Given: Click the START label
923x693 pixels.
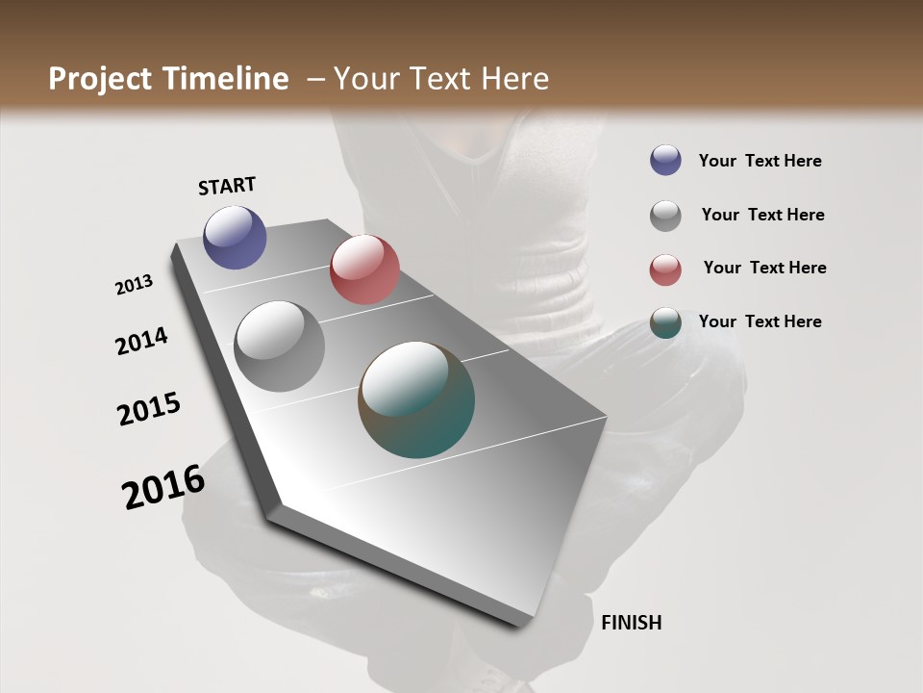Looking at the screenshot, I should coord(227,186).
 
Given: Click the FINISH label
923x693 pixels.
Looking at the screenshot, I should coord(631,623).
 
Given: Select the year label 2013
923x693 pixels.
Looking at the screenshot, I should coord(134,285).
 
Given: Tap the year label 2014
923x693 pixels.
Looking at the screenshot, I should coord(141,341).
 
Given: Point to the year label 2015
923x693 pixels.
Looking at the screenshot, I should coord(149,409).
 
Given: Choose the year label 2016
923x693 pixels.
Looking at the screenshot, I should coord(163,487).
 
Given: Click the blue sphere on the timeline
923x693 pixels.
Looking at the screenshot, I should coord(235,237).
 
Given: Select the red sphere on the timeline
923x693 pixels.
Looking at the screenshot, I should coord(364,269).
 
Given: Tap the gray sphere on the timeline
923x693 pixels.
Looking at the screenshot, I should coord(279,346).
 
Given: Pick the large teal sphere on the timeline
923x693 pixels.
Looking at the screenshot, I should coord(416,399).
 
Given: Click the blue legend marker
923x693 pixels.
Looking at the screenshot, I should coord(665,160).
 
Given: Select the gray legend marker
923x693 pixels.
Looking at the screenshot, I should coord(665,216).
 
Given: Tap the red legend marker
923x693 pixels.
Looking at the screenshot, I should coord(665,269).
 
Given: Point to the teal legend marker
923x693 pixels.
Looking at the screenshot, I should coord(665,322).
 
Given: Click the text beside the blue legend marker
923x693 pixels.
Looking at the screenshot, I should coord(760,161).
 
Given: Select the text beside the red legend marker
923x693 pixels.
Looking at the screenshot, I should coord(764,268).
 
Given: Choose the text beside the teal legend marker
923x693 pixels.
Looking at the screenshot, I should coord(760,321).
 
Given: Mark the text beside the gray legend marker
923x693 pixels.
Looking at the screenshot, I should coord(762,215).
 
